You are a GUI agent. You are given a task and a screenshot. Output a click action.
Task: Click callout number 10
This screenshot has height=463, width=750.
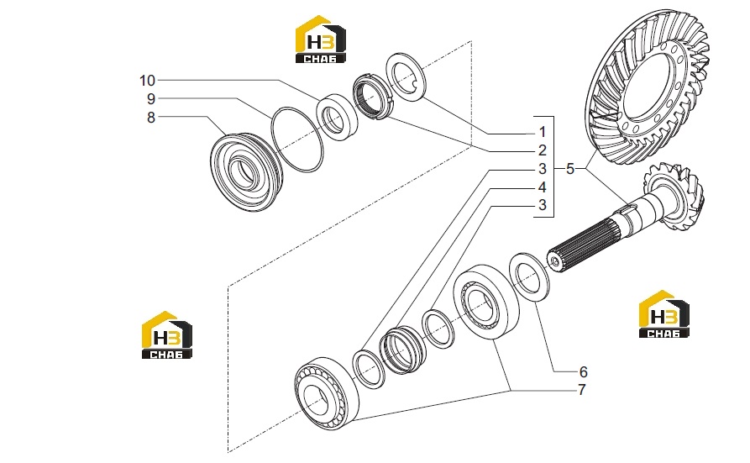click(x=147, y=81)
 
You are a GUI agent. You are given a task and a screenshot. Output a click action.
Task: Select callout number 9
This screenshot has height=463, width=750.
click(x=151, y=99)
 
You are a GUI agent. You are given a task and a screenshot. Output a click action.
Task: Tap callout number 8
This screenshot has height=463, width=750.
click(x=151, y=118)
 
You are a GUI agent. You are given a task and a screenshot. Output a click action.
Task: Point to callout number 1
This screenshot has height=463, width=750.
click(x=542, y=132)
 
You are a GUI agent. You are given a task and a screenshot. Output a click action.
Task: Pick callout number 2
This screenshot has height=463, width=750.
click(x=542, y=150)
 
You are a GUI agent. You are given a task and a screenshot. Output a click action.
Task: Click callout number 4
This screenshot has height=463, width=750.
click(x=542, y=187)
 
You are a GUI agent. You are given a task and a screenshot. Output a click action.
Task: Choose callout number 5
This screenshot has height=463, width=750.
click(x=569, y=169)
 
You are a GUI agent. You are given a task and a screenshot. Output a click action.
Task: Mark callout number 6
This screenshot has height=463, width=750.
click(x=583, y=371)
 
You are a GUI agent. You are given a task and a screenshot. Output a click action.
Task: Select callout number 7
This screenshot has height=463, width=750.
click(x=582, y=390)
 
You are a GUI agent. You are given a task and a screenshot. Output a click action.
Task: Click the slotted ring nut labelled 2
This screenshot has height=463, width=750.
click(x=373, y=97)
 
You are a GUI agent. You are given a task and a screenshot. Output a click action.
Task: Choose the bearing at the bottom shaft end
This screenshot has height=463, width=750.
click(x=327, y=392)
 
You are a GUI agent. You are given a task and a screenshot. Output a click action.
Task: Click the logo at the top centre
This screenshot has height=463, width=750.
click(x=321, y=39)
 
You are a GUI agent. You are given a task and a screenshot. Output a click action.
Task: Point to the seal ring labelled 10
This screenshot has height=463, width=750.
click(x=338, y=117)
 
